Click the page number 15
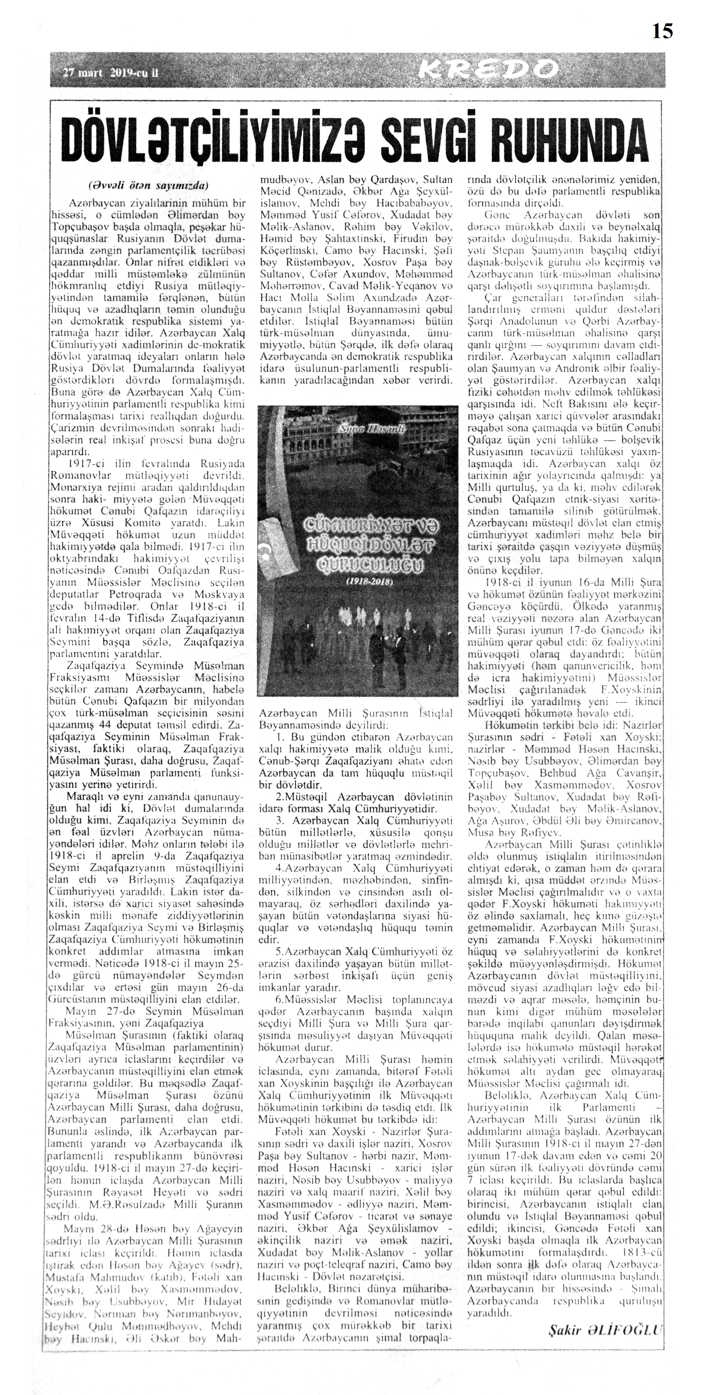(662, 31)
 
